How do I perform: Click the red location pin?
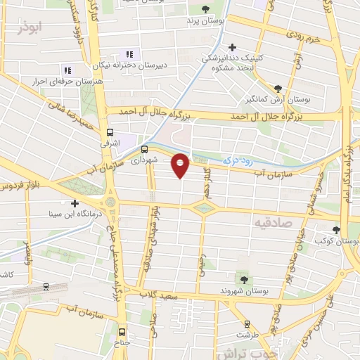181,165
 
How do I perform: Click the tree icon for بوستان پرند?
205,9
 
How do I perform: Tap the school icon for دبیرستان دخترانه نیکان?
129,54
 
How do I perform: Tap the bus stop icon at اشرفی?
110,131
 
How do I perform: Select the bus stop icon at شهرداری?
144,149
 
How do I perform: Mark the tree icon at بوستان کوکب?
336,229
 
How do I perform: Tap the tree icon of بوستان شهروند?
244,279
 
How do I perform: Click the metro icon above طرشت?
247,324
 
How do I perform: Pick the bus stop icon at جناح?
122,332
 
